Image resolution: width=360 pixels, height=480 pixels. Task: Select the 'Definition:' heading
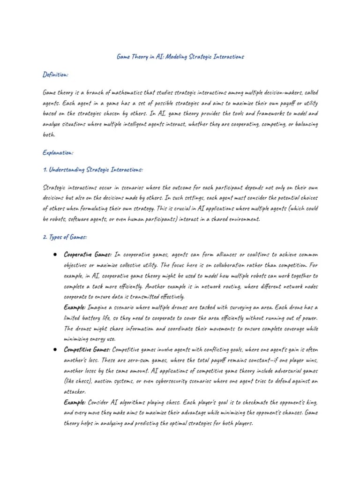[56, 75]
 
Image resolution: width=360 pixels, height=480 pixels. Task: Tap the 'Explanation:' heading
[58, 152]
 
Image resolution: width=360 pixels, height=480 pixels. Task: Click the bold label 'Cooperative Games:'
[88, 255]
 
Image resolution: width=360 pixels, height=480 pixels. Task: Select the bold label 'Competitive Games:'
[88, 349]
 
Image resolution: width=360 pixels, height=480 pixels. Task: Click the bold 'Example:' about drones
[75, 307]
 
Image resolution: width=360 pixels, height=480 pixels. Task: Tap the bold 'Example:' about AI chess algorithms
[75, 402]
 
